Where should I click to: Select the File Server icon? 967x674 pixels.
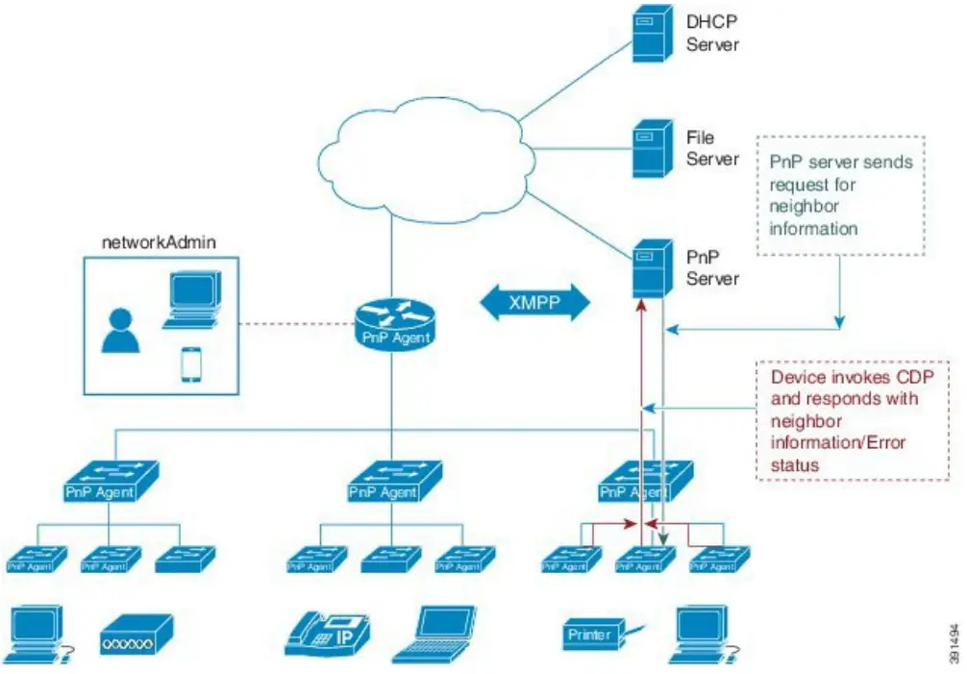pyautogui.click(x=650, y=149)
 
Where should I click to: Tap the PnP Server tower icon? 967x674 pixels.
pyautogui.click(x=650, y=268)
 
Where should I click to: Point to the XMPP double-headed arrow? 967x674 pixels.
pyautogui.click(x=534, y=302)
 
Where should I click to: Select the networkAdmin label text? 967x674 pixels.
pyautogui.click(x=160, y=242)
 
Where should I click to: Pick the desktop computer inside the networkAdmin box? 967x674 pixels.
pyautogui.click(x=191, y=301)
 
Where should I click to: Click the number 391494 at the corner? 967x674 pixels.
pyautogui.click(x=953, y=638)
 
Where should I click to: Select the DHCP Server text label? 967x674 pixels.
pyautogui.click(x=712, y=32)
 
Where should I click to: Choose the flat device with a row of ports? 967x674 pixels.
pyautogui.click(x=136, y=635)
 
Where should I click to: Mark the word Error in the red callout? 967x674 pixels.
pyautogui.click(x=884, y=443)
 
